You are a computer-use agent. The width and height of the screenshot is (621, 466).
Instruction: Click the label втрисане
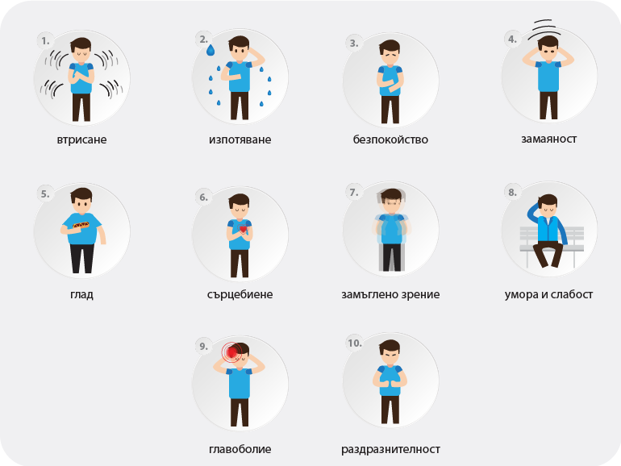coord(81,139)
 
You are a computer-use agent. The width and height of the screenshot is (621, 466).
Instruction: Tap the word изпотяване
coord(240,139)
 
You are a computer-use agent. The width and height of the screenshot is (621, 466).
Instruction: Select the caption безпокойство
coord(390,139)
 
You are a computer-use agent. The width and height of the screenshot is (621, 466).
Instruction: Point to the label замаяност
coord(549,139)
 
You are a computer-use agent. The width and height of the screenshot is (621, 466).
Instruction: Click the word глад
coord(81,294)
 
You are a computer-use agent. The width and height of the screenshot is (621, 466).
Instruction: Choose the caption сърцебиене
coord(240,294)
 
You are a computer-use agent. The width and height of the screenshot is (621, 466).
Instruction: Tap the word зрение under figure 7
coord(420,294)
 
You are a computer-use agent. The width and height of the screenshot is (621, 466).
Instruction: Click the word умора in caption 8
coord(521,294)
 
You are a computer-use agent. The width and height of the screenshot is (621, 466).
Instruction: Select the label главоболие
coord(240,449)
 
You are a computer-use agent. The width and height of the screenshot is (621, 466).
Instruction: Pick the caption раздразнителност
coord(390,449)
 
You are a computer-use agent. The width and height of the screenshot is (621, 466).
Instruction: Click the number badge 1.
coord(45,41)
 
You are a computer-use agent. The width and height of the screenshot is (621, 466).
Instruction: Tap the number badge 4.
coord(512,40)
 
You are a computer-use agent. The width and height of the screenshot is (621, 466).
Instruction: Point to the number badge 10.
coord(355,343)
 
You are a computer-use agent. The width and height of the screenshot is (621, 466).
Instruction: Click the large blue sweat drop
coord(210,50)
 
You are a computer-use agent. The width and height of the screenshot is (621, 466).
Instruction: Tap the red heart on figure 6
coord(243,229)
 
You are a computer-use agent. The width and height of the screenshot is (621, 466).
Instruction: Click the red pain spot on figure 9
coord(231,352)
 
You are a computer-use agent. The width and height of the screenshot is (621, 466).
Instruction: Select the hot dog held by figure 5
coord(81,225)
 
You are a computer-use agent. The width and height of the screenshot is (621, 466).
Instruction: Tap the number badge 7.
coord(354,193)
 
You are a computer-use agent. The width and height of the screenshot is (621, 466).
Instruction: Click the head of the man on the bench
coord(548,204)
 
